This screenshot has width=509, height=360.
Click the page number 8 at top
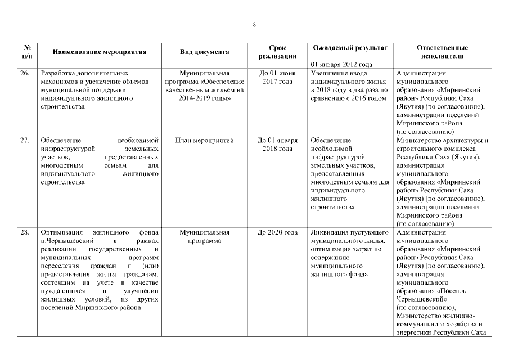coord(254,25)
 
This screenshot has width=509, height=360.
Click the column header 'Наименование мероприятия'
coord(100,52)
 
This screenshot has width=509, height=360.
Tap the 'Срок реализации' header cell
coord(277,52)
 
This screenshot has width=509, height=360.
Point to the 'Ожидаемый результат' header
coord(349,48)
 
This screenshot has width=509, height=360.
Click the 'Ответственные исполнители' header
coord(442,52)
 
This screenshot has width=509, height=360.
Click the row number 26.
coord(25,73)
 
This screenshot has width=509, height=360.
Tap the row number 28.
coord(25,232)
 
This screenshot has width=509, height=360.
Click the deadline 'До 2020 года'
coord(277,232)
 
